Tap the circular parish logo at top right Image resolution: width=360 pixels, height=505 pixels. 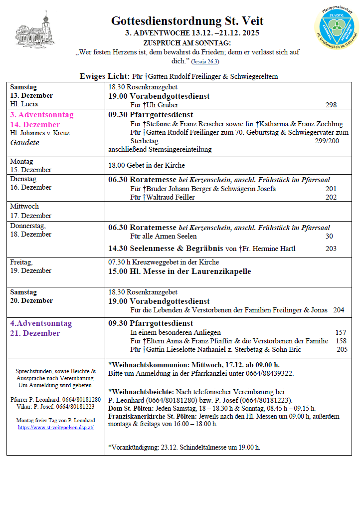pyautogui.click(x=337, y=26)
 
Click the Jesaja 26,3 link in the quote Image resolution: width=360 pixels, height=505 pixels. pyautogui.click(x=205, y=62)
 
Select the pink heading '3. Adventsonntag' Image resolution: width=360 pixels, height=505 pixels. pyautogui.click(x=42, y=115)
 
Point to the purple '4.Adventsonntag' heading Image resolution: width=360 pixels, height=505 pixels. pyautogui.click(x=41, y=323)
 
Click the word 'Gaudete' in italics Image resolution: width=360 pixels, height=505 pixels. pyautogui.click(x=24, y=142)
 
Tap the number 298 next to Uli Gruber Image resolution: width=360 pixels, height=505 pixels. pyautogui.click(x=330, y=105)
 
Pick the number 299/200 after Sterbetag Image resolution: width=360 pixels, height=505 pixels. pyautogui.click(x=327, y=141)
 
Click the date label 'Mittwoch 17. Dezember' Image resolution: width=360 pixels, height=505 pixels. pyautogui.click(x=31, y=211)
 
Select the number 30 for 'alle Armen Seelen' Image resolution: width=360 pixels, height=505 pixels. pyautogui.click(x=329, y=236)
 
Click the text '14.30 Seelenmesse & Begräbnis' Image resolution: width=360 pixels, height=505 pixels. pyautogui.click(x=166, y=249)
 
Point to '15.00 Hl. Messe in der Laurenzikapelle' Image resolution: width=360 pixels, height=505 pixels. pyautogui.click(x=180, y=271)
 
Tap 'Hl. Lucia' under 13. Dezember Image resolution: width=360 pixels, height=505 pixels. pyautogui.click(x=24, y=104)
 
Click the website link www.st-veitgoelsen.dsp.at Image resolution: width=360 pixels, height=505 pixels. pyautogui.click(x=56, y=427)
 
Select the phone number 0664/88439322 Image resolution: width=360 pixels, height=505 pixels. pyautogui.click(x=271, y=373)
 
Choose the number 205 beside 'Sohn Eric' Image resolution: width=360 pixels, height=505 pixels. pyautogui.click(x=342, y=349)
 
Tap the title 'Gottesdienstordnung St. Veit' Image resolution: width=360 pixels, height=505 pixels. pyautogui.click(x=187, y=21)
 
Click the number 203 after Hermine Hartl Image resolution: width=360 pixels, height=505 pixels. pyautogui.click(x=331, y=249)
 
